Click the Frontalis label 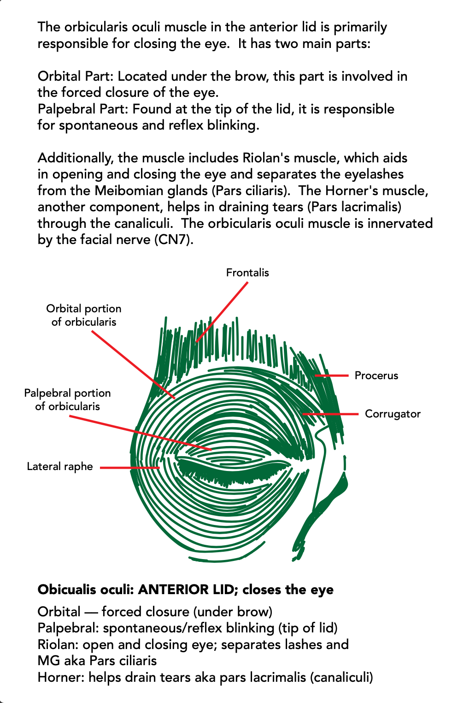pos(247,273)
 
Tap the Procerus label pos(376,375)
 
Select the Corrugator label pos(393,414)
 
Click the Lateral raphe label pos(60,466)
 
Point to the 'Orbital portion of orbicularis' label pos(84,315)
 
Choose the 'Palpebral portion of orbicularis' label pos(67,399)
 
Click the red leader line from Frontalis pos(222,312)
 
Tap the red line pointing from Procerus pos(332,375)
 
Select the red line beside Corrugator pos(331,414)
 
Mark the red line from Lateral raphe pos(130,468)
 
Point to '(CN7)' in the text pos(174,240)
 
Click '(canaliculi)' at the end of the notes pos(341,678)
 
